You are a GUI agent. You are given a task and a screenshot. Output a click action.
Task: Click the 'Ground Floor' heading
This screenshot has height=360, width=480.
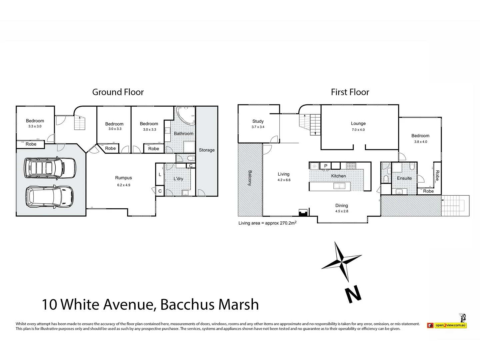(118, 92)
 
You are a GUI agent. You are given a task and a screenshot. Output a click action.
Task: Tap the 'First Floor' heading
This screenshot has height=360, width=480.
(350, 92)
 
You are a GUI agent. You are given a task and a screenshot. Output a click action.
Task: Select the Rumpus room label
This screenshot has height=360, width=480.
(123, 178)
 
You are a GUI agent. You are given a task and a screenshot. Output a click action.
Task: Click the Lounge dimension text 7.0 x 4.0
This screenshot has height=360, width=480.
(358, 130)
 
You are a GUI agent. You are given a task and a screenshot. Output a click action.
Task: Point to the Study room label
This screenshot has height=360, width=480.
(258, 121)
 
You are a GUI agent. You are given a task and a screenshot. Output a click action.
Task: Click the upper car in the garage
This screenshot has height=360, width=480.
(50, 167)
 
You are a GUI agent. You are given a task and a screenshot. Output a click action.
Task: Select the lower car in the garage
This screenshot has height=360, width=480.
(49, 197)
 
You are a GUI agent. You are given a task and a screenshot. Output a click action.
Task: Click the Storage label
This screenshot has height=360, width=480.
(207, 150)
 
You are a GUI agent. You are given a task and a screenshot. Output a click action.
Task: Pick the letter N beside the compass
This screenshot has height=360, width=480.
(353, 294)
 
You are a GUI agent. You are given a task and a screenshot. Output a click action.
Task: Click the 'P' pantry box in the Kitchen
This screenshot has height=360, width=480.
(326, 166)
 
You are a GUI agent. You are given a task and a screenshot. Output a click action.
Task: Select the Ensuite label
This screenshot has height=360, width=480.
(404, 178)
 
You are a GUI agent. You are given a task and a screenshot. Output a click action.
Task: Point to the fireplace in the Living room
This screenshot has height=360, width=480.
(303, 213)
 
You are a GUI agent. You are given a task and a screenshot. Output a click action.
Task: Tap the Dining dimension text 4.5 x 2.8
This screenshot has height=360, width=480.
(341, 211)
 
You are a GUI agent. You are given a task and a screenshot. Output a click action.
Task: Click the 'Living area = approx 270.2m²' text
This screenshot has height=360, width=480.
(267, 223)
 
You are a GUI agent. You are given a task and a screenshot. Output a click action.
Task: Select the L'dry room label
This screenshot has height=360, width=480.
(178, 179)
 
